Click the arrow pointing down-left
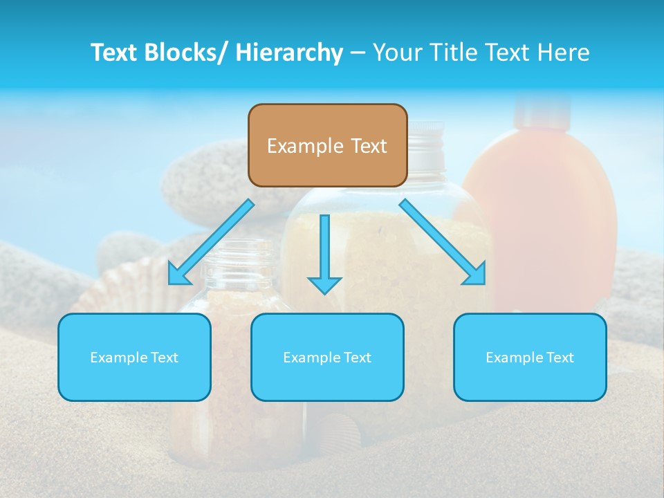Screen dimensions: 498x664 (x=211, y=242)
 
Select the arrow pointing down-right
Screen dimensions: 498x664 (x=443, y=242)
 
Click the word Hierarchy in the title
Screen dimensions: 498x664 (x=289, y=53)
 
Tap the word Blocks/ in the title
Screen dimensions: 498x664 (x=189, y=53)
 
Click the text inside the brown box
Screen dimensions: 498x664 (x=327, y=146)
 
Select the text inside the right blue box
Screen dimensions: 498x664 (x=530, y=358)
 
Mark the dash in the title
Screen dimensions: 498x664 (x=358, y=53)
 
